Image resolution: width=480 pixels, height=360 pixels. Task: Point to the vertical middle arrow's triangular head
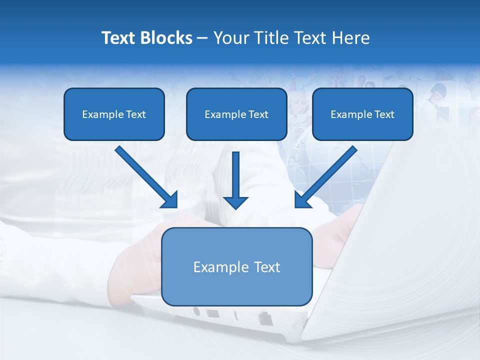click(x=235, y=202)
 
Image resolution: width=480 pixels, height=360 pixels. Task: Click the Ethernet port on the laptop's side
click(x=263, y=318)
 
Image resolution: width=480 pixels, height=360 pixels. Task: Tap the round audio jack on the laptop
click(x=196, y=311)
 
